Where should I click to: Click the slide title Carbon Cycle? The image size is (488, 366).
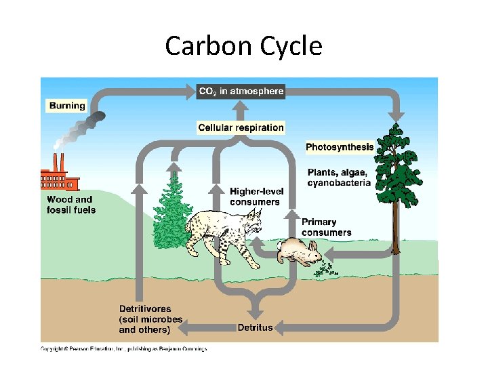tap(243, 46)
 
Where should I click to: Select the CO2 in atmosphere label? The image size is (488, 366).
tap(241, 91)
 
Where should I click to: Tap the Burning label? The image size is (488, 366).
tap(67, 105)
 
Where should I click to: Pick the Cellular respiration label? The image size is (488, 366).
tap(241, 127)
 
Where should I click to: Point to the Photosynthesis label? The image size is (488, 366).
tap(339, 147)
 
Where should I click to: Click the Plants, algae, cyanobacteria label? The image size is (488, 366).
tap(339, 177)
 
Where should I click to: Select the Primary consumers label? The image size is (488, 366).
tap(327, 227)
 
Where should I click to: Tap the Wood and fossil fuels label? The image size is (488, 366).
tap(71, 204)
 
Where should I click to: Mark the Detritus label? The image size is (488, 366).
tap(255, 328)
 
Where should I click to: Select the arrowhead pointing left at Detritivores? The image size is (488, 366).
tap(181, 328)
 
